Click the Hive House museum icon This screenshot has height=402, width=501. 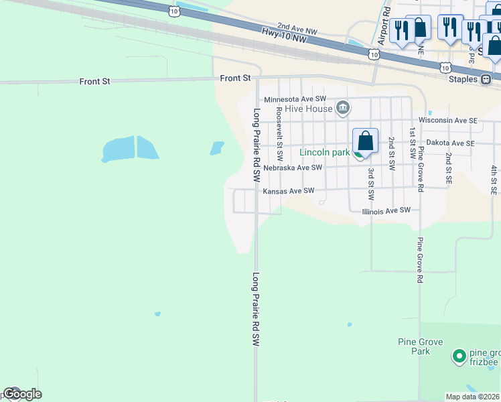(x=343, y=108)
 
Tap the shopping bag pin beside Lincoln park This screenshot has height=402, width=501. (x=365, y=141)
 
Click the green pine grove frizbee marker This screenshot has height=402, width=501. (x=459, y=356)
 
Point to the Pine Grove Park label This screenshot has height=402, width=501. (x=419, y=346)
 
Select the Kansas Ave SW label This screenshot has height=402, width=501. (x=288, y=191)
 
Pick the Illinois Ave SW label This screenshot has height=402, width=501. (x=386, y=210)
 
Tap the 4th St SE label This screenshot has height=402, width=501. (x=494, y=176)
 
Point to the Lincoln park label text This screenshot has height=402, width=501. (x=324, y=152)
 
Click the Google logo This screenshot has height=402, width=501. (x=21, y=394)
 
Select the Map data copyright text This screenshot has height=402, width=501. (x=473, y=397)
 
